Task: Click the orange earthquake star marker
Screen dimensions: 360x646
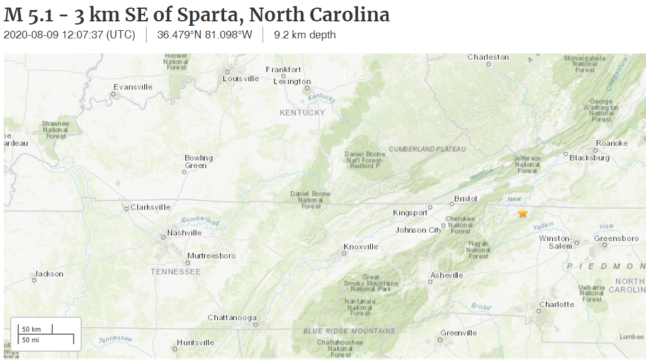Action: [x=523, y=213]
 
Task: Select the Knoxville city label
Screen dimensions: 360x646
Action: [x=361, y=247]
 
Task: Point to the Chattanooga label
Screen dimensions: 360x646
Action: [x=232, y=318]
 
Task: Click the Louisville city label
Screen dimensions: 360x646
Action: [x=241, y=79]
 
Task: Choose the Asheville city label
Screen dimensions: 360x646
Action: [x=446, y=275]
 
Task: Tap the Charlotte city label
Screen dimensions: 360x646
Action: [x=557, y=305]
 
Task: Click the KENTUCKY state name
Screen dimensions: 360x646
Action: [x=302, y=113]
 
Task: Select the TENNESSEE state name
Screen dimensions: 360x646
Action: [x=176, y=272]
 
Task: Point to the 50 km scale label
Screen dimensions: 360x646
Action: [x=31, y=329]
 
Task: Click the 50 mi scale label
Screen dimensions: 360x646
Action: [x=31, y=340]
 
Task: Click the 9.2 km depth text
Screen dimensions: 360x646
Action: [x=305, y=35]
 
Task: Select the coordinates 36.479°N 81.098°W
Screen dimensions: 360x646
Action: [x=204, y=35]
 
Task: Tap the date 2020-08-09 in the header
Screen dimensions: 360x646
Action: [x=31, y=35]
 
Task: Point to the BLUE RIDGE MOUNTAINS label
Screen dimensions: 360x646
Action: [x=349, y=331]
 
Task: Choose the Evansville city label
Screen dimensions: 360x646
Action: [x=133, y=87]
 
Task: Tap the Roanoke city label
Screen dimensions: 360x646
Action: [x=611, y=143]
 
